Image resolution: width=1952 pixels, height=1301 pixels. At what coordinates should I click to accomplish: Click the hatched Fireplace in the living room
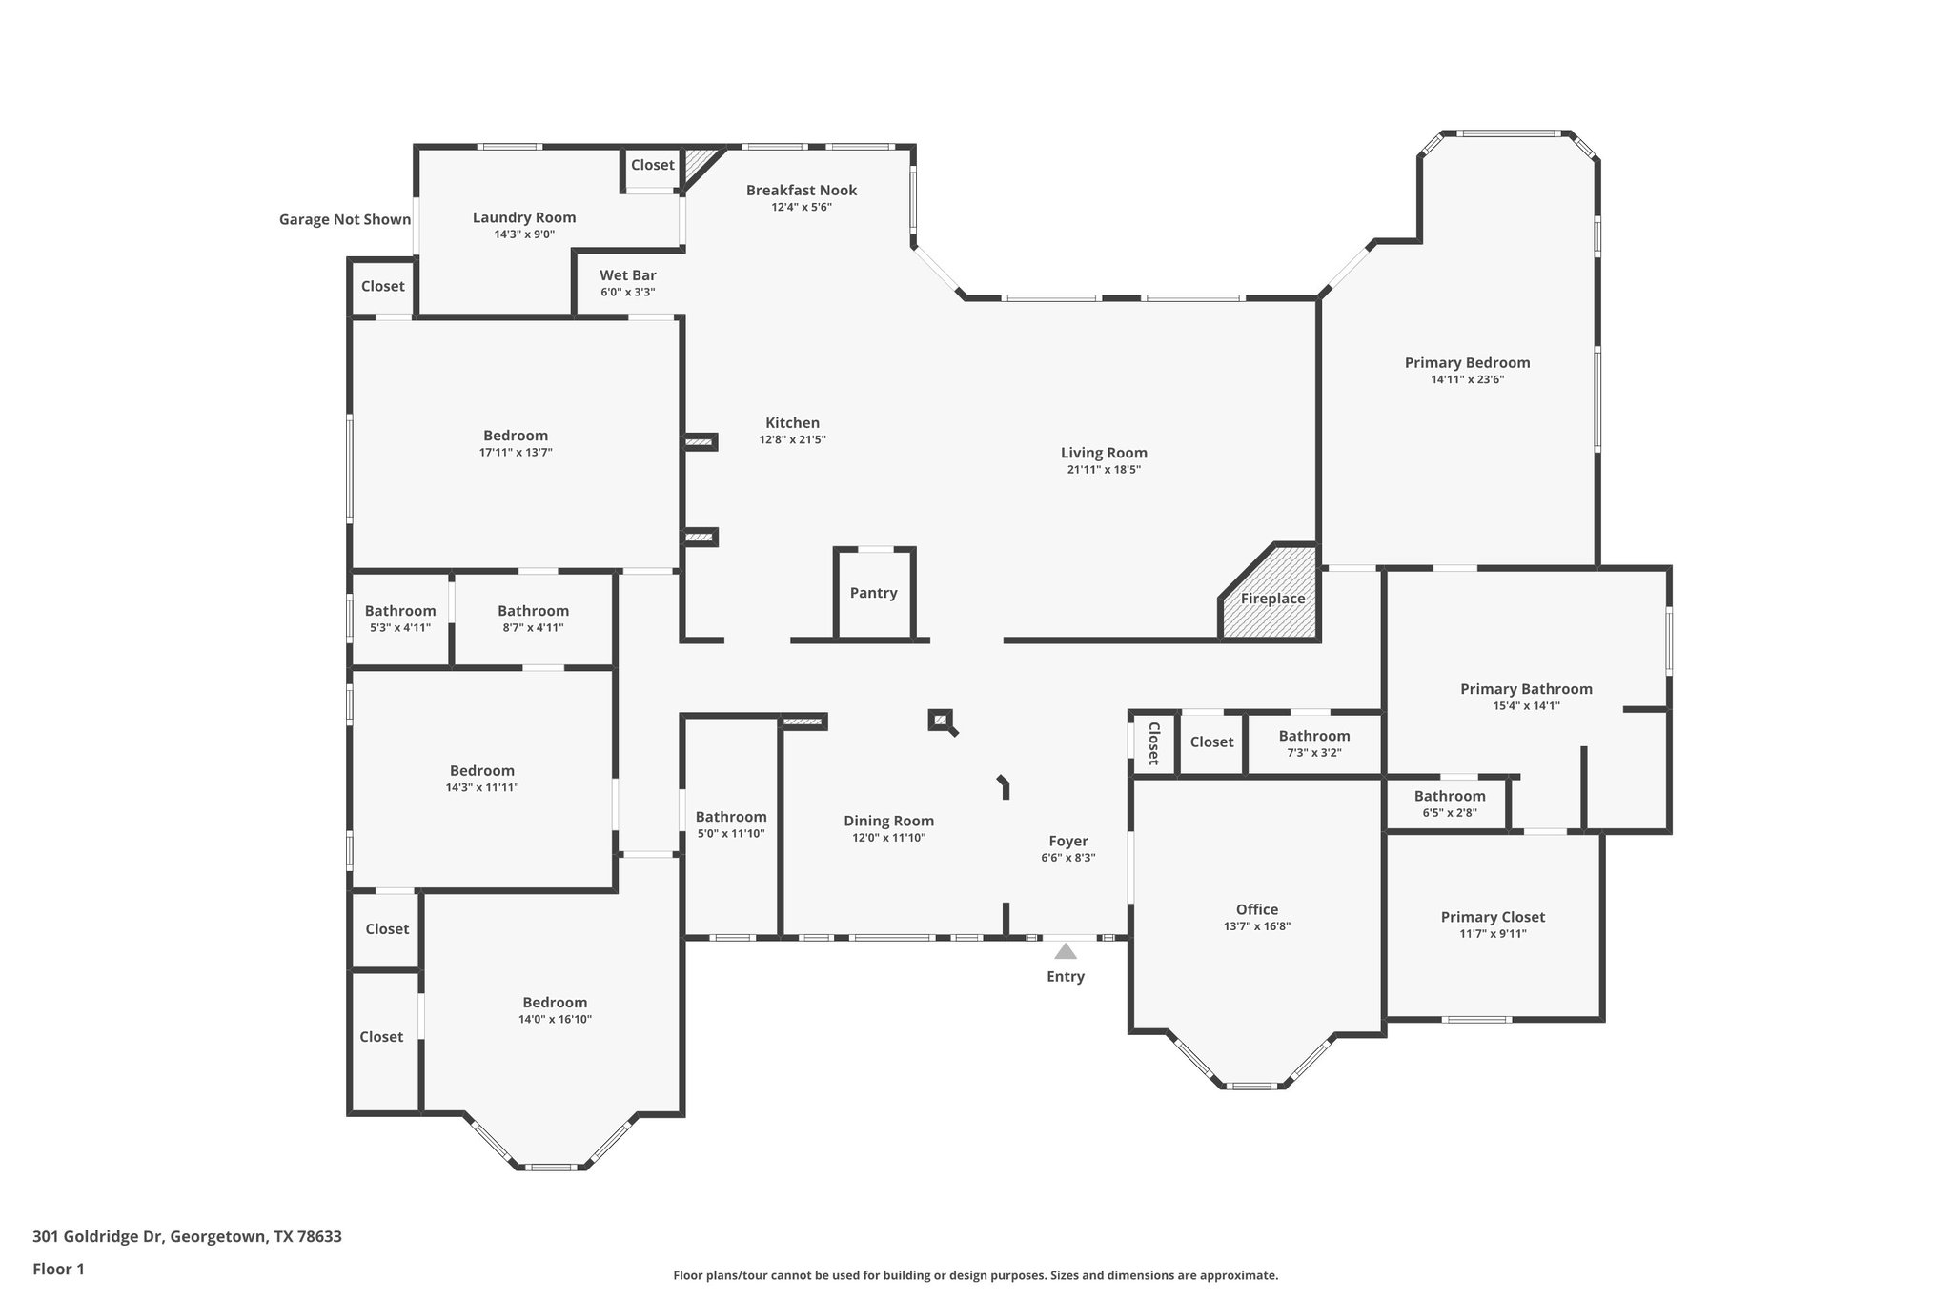(x=1272, y=598)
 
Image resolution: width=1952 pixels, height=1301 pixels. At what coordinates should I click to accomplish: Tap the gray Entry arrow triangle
(x=1066, y=951)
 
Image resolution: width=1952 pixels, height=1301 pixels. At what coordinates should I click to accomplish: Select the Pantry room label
(x=873, y=593)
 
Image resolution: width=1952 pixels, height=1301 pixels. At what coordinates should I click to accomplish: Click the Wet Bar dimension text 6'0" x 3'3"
(x=627, y=293)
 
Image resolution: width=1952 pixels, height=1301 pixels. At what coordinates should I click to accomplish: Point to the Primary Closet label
(x=1493, y=917)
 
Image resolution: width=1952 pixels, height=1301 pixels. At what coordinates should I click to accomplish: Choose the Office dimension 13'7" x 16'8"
(x=1256, y=926)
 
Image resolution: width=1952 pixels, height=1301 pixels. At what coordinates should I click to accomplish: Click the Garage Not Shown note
(x=344, y=219)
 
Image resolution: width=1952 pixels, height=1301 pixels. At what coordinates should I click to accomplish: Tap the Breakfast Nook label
(x=801, y=191)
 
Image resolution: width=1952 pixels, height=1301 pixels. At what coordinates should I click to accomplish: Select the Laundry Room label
(x=524, y=217)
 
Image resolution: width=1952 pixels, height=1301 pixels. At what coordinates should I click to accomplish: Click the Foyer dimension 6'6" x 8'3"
(x=1067, y=858)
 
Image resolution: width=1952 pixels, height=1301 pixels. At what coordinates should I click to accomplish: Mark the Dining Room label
(x=888, y=821)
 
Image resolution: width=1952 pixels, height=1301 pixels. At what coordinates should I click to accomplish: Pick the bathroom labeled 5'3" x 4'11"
(x=399, y=619)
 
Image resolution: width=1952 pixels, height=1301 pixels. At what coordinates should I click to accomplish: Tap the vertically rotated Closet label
(x=1153, y=742)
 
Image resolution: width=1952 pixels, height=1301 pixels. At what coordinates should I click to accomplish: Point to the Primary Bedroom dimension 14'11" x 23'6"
(x=1467, y=379)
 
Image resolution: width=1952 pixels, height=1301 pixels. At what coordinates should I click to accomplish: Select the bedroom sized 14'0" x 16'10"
(x=555, y=1010)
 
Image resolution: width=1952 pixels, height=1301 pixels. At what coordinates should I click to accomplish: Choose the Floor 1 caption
(x=58, y=1269)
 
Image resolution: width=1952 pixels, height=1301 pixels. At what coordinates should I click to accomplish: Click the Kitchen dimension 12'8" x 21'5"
(x=792, y=440)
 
